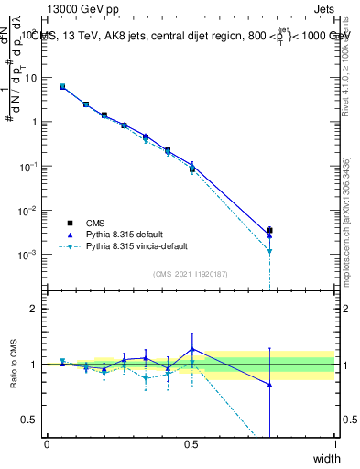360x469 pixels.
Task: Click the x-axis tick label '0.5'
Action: coord(191,445)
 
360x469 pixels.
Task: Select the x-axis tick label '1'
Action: coord(334,445)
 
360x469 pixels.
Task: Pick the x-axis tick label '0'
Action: coord(47,445)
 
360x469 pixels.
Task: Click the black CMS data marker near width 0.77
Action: coord(268,230)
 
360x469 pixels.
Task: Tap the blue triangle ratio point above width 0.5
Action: coord(191,349)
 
